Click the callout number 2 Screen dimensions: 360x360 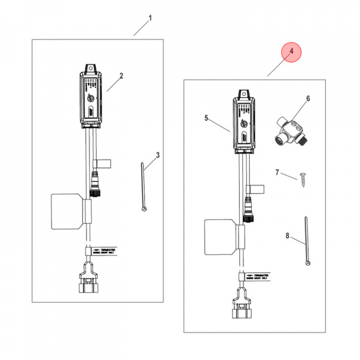coord(121,76)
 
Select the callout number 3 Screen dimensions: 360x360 coord(157,155)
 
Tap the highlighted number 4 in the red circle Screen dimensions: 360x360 coord(291,52)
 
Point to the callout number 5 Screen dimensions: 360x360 coord(205,118)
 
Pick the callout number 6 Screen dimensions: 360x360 coord(308,98)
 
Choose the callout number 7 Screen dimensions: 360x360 coord(277,172)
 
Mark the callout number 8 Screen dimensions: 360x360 coord(287,235)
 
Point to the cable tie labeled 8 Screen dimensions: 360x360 coord(305,240)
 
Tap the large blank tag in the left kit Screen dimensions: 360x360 coord(65,211)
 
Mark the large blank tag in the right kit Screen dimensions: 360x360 coord(219,237)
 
